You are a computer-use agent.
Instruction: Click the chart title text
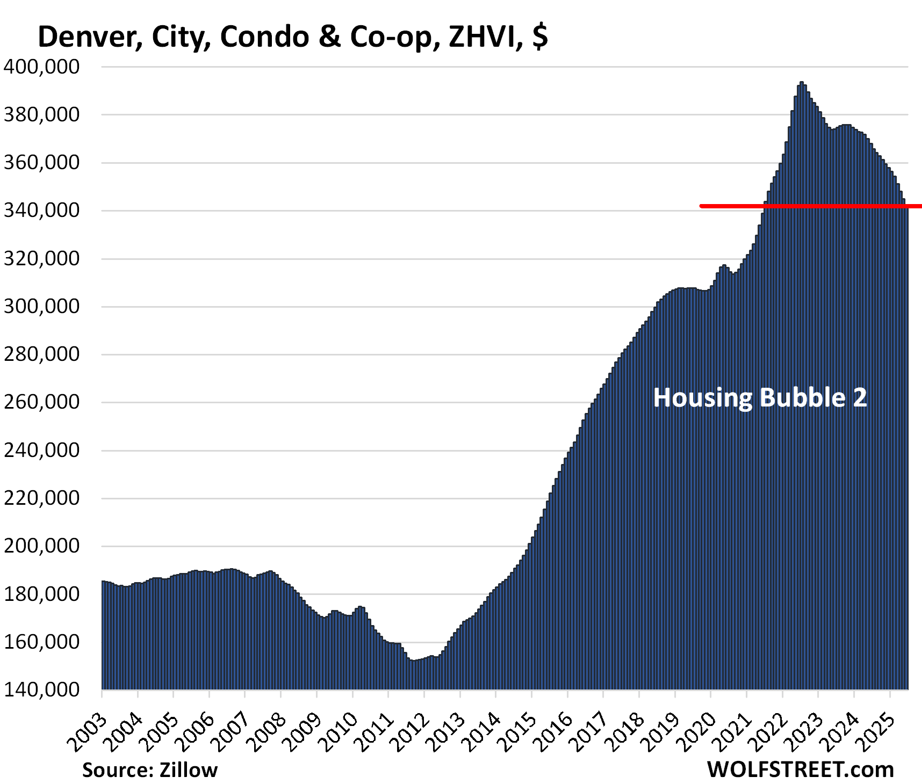pyautogui.click(x=293, y=37)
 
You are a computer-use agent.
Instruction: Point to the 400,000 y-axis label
pyautogui.click(x=41, y=67)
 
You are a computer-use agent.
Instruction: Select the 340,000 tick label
pyautogui.click(x=41, y=210)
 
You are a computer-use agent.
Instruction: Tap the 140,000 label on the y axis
pyautogui.click(x=41, y=689)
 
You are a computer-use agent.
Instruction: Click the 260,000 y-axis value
pyautogui.click(x=41, y=402)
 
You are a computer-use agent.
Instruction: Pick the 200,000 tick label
pyautogui.click(x=41, y=546)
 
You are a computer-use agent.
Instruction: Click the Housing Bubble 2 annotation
pyautogui.click(x=760, y=398)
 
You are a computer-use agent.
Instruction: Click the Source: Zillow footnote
pyautogui.click(x=150, y=770)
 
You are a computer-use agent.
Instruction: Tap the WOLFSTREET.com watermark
pyautogui.click(x=800, y=770)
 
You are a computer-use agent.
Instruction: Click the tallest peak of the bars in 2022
pyautogui.click(x=801, y=83)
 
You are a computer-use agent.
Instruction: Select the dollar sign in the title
pyautogui.click(x=541, y=37)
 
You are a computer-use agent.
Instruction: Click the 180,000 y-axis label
pyautogui.click(x=41, y=594)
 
